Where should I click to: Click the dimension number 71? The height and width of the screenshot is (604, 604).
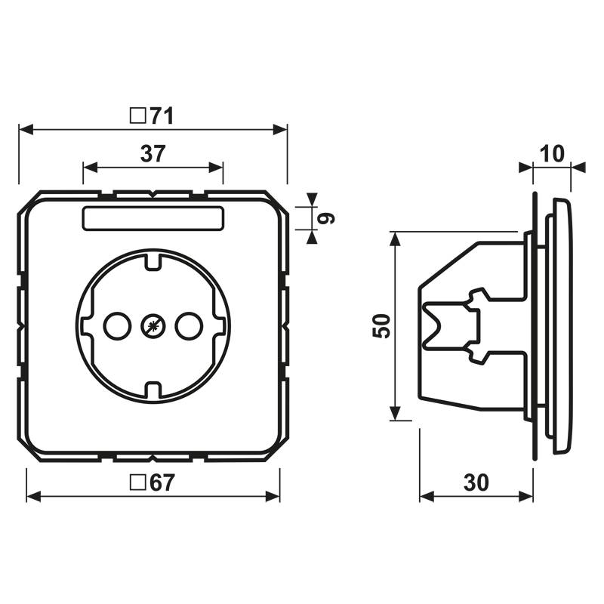162,116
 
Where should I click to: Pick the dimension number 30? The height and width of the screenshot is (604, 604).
476,483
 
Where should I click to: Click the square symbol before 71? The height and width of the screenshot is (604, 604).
137,116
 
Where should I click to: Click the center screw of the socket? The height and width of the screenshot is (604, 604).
153,327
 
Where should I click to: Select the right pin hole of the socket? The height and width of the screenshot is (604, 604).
187,327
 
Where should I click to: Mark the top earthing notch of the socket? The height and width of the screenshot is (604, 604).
153,260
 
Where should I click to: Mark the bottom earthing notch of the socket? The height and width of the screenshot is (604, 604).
153,391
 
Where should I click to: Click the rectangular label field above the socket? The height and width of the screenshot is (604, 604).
153,218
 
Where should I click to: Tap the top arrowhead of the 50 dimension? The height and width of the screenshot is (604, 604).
394,239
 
